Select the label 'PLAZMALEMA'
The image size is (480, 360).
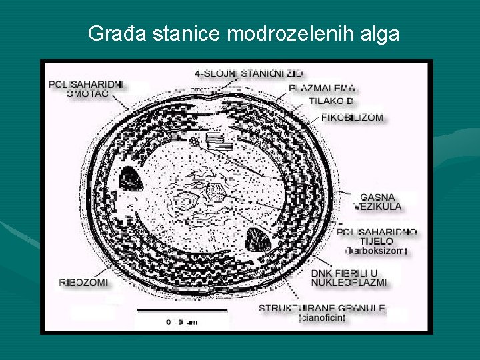tap(322, 87)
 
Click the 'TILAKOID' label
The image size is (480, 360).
tap(331, 101)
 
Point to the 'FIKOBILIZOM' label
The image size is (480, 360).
tap(353, 117)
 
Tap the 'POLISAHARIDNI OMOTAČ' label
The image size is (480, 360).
tap(86, 89)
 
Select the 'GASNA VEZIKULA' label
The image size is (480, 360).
tap(381, 201)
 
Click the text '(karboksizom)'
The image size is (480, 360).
tap(377, 251)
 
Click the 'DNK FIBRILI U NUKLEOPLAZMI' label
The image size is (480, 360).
tap(349, 277)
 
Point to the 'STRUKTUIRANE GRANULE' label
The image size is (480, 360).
tap(321, 308)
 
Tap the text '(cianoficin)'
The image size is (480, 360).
tap(321, 317)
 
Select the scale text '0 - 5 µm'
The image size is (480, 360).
tap(182, 322)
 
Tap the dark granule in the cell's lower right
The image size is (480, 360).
tap(257, 239)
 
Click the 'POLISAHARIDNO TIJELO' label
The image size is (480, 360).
tap(377, 236)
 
